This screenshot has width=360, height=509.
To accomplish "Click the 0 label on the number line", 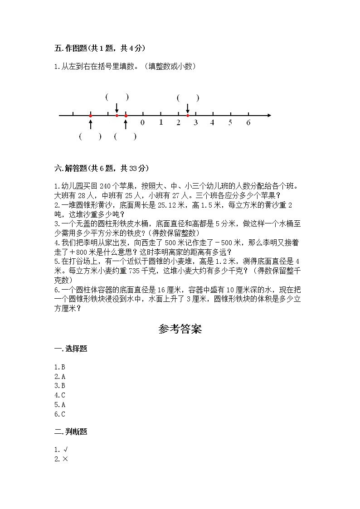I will [142, 122].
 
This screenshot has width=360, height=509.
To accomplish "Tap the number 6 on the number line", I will [248, 122].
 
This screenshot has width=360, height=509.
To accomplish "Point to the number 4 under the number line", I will [212, 122].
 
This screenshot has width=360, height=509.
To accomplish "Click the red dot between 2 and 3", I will [188, 116].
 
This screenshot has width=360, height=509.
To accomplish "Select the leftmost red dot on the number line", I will [91, 116].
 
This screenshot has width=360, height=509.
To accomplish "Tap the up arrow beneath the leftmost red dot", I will [91, 123].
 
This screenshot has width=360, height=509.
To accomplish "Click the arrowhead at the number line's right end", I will [269, 116].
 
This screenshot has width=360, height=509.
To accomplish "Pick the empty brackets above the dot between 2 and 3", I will [188, 97].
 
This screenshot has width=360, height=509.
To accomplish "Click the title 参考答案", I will [180, 329].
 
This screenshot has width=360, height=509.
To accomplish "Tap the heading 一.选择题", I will [71, 349].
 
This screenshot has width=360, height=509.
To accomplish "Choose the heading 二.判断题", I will [71, 432].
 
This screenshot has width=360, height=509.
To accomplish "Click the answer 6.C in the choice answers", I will [60, 414].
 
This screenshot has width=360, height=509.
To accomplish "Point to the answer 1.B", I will [60, 367].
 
